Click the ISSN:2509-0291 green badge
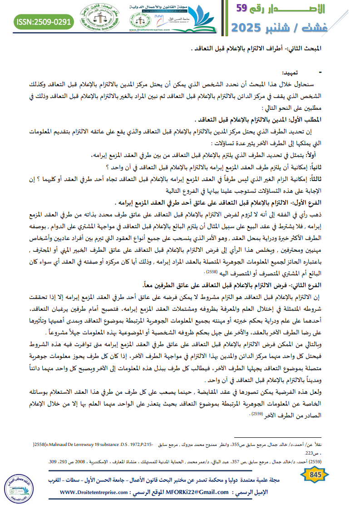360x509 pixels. coord(43,21)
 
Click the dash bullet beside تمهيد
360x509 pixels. coord(321,73)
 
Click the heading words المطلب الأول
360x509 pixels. coord(305,120)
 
